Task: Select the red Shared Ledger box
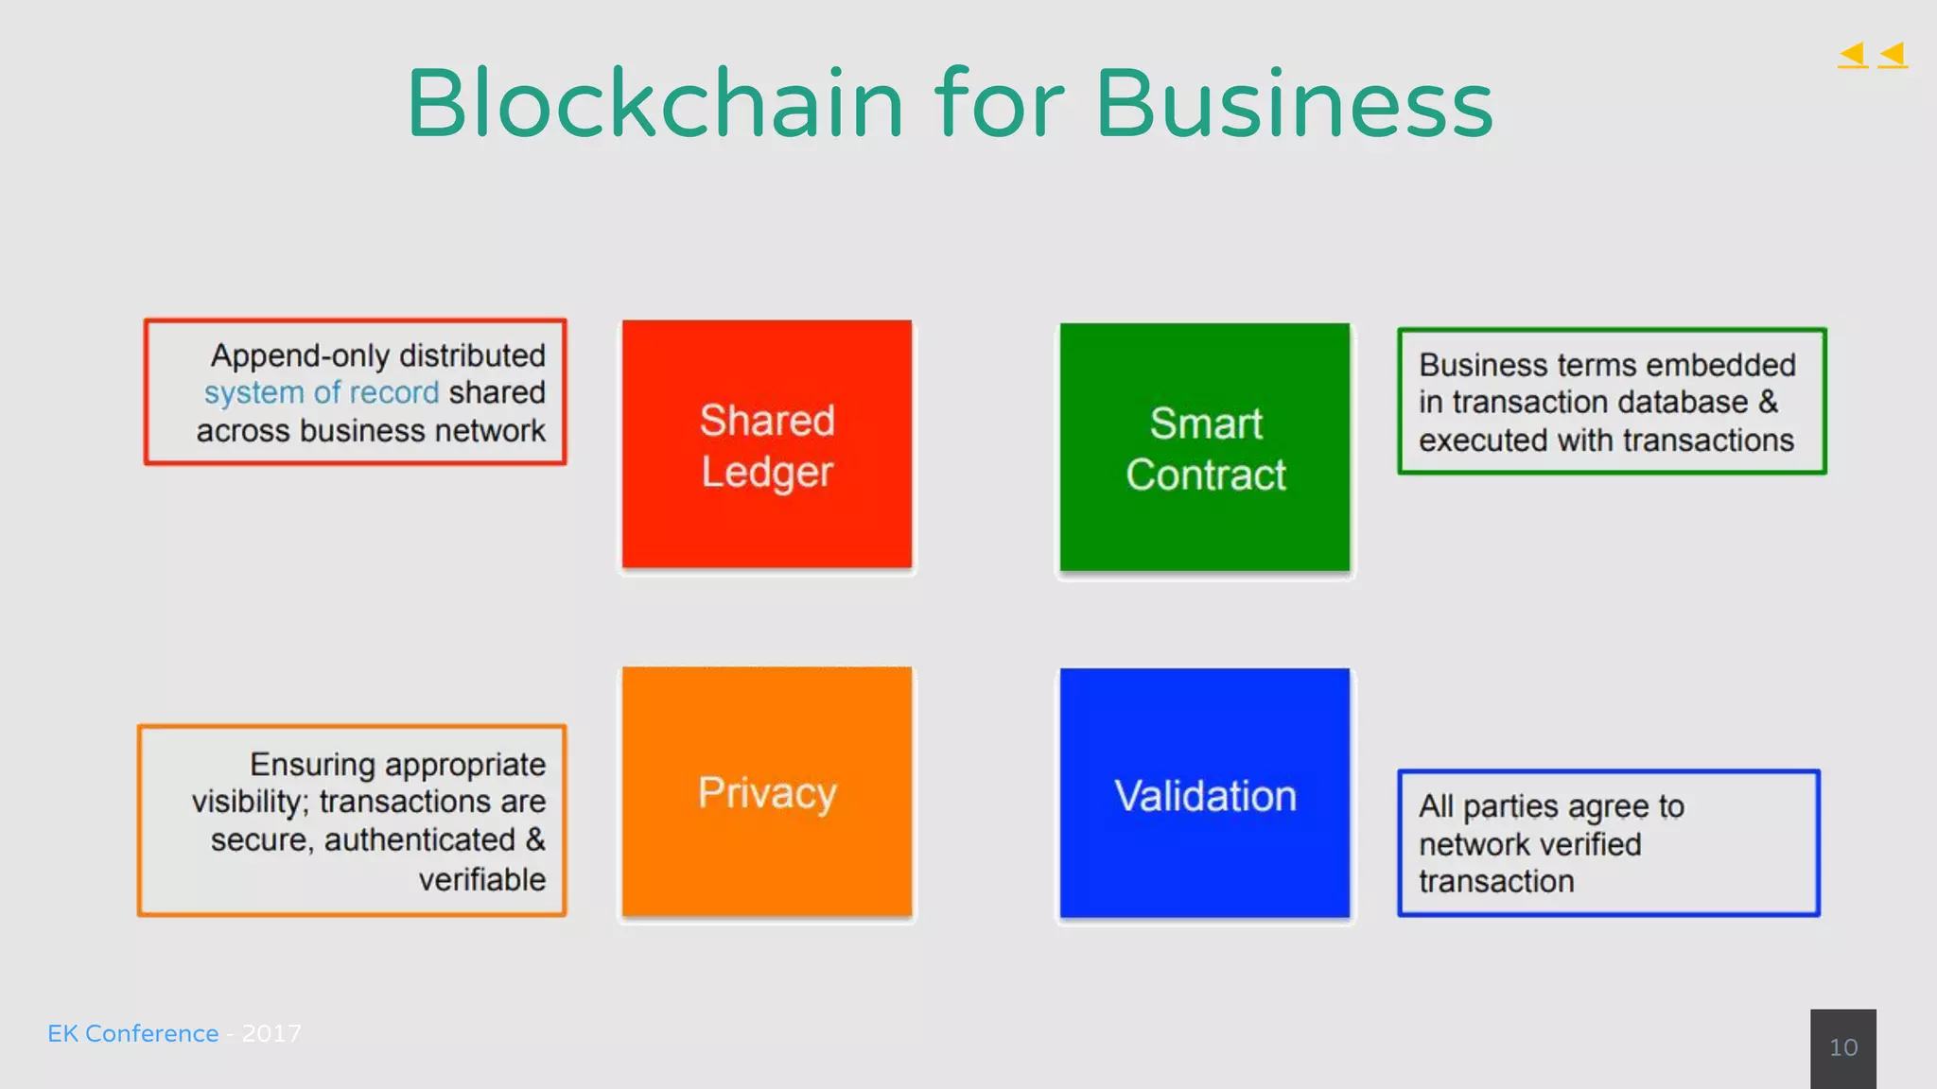[767, 444]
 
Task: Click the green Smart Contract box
[1205, 447]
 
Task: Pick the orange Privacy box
[767, 792]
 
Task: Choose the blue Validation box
[1205, 794]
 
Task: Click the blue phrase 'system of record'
[322, 392]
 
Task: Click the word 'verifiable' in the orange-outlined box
[482, 879]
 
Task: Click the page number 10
[1843, 1047]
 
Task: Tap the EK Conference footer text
[132, 1033]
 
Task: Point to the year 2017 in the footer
[271, 1033]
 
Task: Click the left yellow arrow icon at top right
[1853, 55]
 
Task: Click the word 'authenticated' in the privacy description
[420, 840]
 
